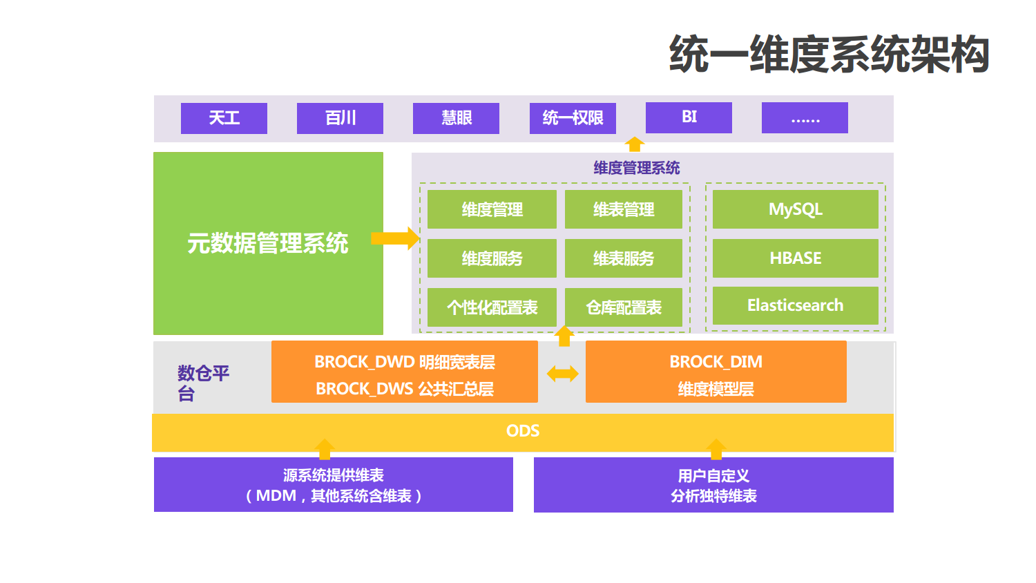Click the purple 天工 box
[224, 118]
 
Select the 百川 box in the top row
[340, 118]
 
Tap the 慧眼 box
[456, 118]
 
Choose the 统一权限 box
[573, 118]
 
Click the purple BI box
[689, 117]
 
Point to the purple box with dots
[805, 117]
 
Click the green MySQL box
[795, 209]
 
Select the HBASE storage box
[795, 258]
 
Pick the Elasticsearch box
[795, 305]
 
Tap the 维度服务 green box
[492, 258]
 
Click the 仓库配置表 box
[623, 307]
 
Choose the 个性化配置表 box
[492, 307]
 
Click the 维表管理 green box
[623, 209]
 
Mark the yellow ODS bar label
[523, 431]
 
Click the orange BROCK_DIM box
[716, 372]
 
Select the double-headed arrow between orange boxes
[562, 374]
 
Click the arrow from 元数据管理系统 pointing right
[395, 238]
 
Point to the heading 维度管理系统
[636, 168]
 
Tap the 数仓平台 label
[203, 383]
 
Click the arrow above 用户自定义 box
[716, 449]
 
